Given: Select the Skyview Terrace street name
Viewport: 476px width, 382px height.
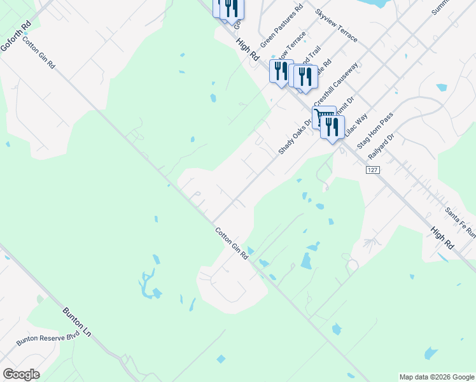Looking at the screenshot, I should pos(336,25).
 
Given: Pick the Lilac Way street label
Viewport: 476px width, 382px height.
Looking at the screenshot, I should pos(357,126).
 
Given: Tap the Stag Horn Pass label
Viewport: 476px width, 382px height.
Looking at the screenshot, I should pos(375,130).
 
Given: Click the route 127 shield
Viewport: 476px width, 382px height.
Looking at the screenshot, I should pos(373,171).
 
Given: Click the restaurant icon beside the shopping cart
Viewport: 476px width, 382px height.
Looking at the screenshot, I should pos(332,127).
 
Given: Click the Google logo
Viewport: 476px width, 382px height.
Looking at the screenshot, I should pos(21,374).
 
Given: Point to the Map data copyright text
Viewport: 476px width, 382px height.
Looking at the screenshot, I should pos(437,377).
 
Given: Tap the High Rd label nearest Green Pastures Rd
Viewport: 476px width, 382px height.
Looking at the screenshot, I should pos(247,48).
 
